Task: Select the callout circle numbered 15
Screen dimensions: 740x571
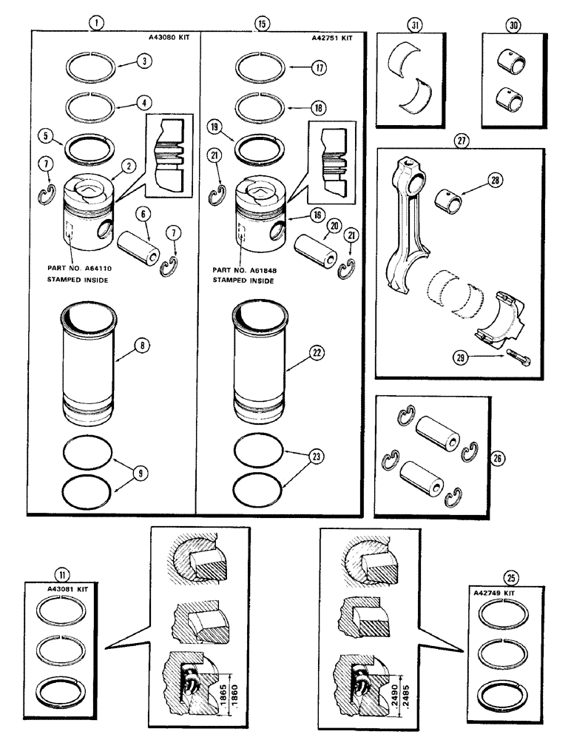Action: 260,23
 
